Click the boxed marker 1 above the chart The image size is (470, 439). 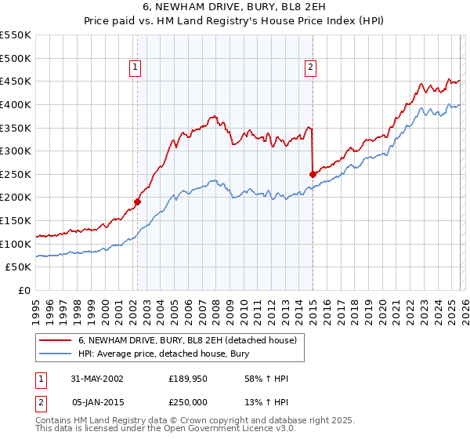[137, 68]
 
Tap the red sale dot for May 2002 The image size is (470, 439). [137, 201]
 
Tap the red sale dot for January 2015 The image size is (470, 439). [313, 174]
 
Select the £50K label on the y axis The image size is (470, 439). [19, 267]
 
